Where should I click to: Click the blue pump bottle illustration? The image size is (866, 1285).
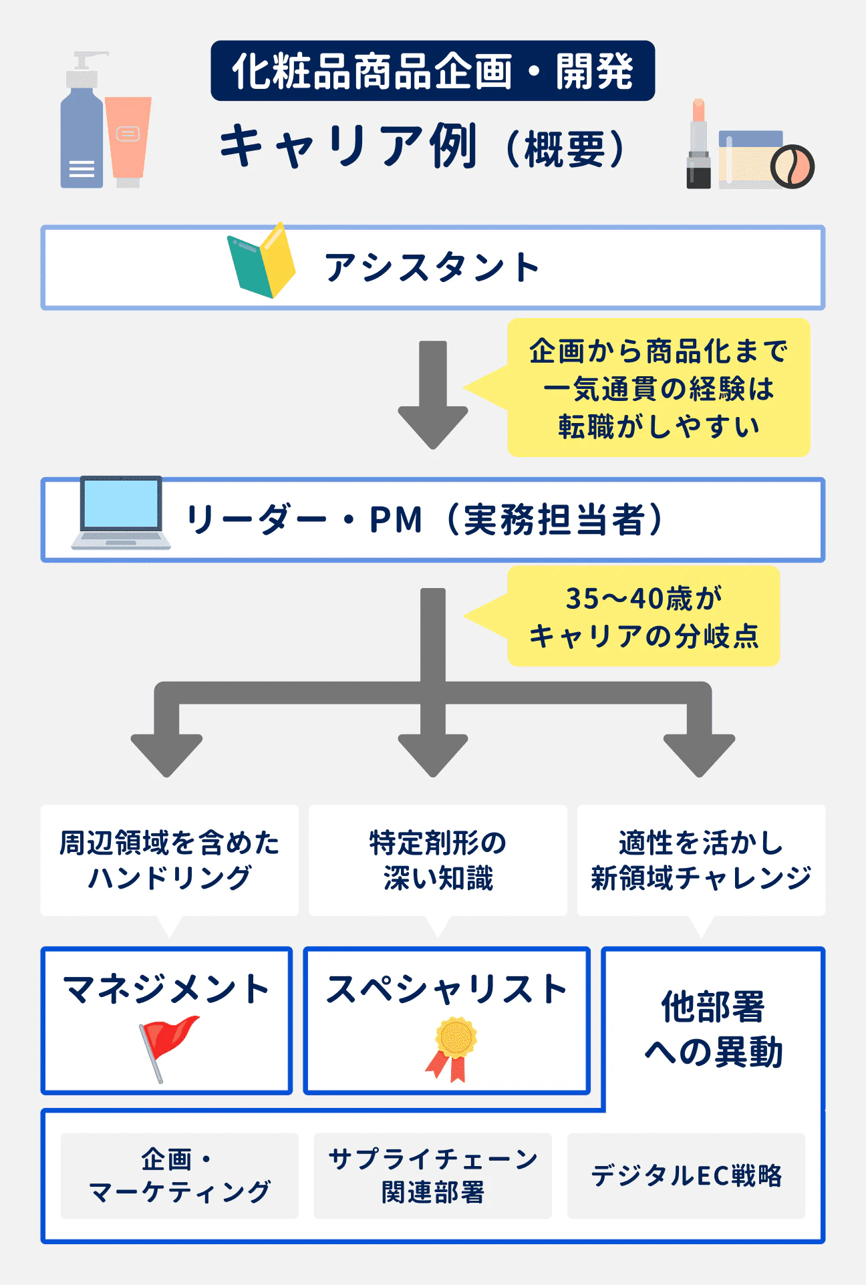click(82, 134)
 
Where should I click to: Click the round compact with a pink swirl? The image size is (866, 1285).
click(792, 166)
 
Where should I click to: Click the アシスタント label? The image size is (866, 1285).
click(432, 268)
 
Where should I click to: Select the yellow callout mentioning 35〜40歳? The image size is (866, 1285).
click(643, 616)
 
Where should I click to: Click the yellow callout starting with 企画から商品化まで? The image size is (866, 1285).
click(658, 388)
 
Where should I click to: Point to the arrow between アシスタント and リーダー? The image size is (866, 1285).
click(433, 394)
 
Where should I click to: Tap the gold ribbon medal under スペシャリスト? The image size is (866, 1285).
click(453, 1047)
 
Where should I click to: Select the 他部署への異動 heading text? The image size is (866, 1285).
click(713, 1029)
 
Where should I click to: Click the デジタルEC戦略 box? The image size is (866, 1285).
click(686, 1175)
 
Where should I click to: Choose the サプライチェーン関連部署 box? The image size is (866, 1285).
click(433, 1175)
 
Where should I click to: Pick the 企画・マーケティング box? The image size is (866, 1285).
click(179, 1175)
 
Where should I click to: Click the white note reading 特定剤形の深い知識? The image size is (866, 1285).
click(438, 860)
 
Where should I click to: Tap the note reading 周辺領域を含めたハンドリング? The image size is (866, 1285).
click(169, 860)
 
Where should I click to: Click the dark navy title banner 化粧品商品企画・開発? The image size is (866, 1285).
click(432, 71)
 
